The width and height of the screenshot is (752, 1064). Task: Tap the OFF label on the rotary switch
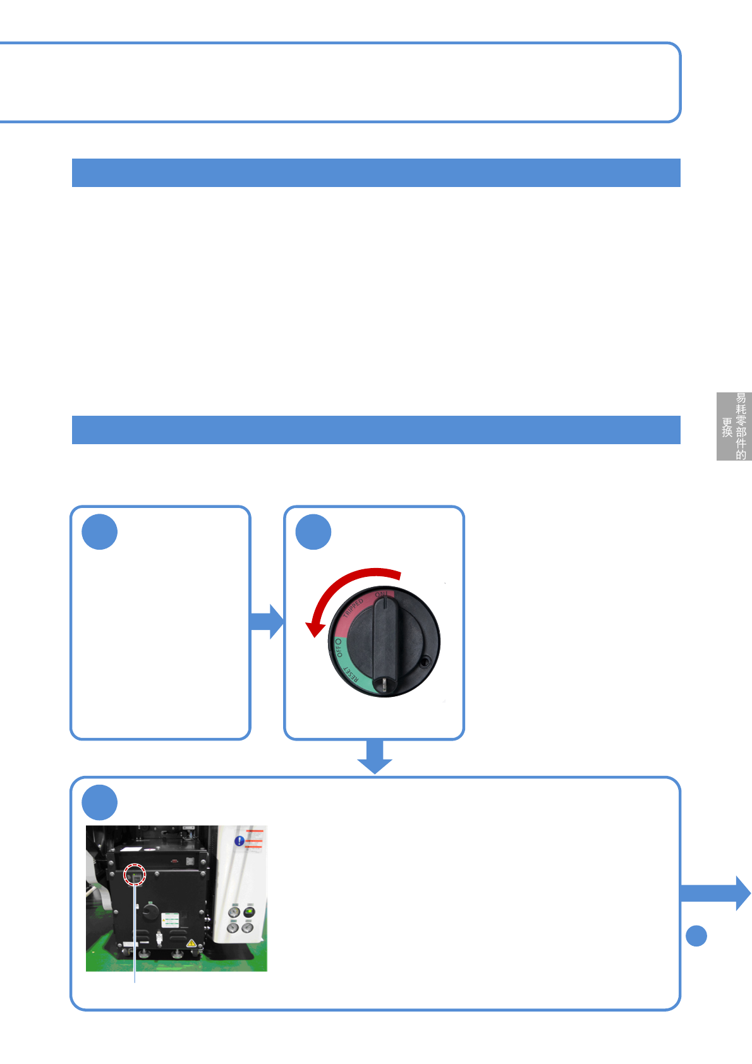[338, 648]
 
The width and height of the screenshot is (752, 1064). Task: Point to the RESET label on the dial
[351, 678]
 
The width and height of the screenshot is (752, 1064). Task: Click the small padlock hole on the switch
[425, 662]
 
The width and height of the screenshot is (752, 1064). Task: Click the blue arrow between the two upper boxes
[267, 621]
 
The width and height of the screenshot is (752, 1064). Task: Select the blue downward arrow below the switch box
[375, 756]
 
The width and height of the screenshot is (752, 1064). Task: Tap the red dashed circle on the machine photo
[135, 875]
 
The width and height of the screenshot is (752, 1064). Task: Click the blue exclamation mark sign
[240, 841]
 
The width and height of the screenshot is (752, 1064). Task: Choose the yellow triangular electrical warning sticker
[191, 943]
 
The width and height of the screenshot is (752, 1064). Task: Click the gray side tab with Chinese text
[734, 426]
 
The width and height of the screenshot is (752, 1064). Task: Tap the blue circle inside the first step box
[100, 532]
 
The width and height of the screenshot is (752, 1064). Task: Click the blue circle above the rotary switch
[313, 532]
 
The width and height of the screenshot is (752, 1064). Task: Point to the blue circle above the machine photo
[100, 802]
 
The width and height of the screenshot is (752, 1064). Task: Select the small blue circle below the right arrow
[696, 936]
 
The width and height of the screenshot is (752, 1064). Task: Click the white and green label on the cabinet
[171, 919]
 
